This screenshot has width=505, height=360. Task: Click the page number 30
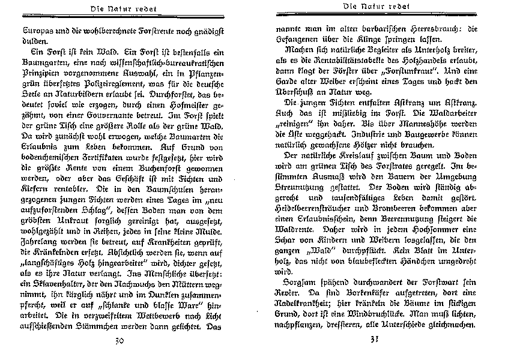[118, 343]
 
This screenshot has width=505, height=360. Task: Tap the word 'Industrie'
[405, 135]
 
